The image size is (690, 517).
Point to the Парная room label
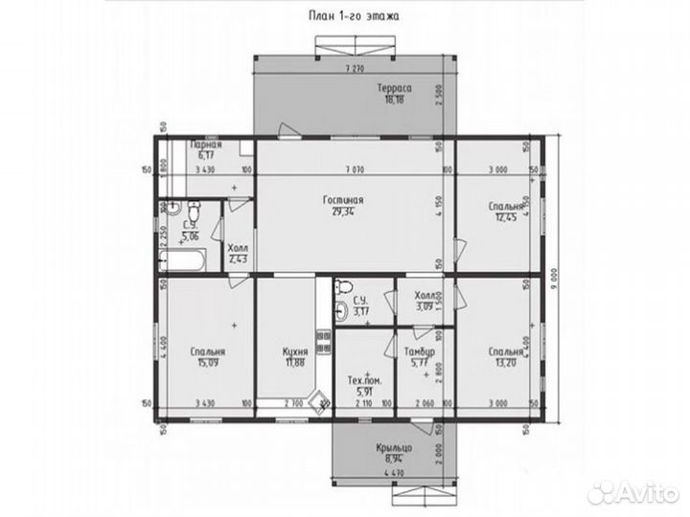pyautogui.click(x=206, y=145)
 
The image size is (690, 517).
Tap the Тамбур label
pyautogui.click(x=422, y=351)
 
